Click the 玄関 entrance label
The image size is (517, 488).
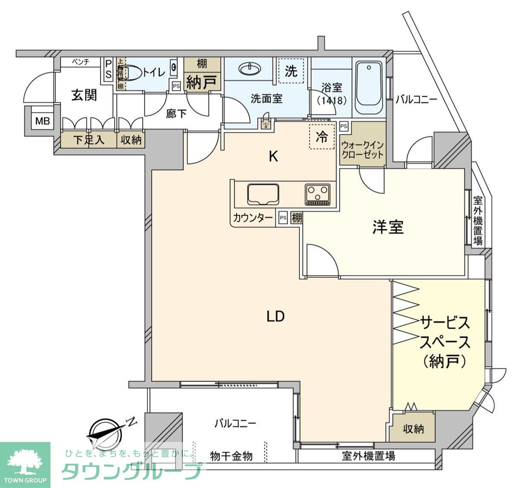click(84, 95)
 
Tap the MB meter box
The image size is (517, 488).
click(42, 121)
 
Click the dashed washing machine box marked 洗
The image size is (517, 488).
click(291, 71)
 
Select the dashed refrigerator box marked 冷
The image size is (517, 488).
click(322, 137)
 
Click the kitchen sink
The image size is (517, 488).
click(263, 194)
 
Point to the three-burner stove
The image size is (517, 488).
click(318, 194)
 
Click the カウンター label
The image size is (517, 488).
click(253, 218)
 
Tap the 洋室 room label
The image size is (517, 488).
click(388, 227)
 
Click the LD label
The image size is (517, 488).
click(276, 316)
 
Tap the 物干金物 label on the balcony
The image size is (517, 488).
click(231, 456)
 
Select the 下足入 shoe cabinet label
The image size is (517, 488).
click(89, 140)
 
